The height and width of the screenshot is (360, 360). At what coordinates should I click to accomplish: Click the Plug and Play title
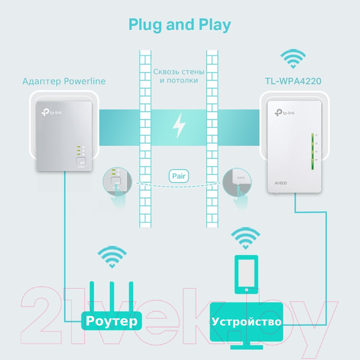click(x=179, y=25)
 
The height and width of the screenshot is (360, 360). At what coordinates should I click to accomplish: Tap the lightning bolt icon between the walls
click(x=179, y=125)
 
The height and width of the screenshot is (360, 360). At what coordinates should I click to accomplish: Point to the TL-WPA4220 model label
click(x=293, y=81)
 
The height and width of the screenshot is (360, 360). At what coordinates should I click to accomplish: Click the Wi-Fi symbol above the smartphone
click(x=246, y=239)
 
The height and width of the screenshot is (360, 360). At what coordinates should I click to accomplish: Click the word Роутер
click(x=112, y=321)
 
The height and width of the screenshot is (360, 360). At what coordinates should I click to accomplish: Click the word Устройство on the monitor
click(x=246, y=322)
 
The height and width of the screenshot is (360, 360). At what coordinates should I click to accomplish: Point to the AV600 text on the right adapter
click(x=281, y=182)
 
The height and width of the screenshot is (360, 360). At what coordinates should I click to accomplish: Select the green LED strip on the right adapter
click(x=313, y=153)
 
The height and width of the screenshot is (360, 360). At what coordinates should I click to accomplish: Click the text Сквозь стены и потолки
click(x=179, y=76)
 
